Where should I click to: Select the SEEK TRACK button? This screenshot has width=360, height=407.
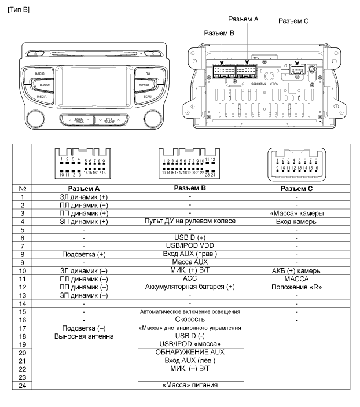coord(77,120)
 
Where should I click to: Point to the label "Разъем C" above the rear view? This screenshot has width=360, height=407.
coord(293,21)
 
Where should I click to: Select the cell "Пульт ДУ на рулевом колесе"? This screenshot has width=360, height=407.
coord(190,221)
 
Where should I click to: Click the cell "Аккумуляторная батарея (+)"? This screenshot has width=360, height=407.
coord(190,287)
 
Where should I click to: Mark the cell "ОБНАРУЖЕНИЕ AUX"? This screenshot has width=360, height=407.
coord(190,352)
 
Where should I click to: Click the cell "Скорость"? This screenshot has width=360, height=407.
coord(190,319)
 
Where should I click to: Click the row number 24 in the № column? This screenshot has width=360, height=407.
coord(21,384)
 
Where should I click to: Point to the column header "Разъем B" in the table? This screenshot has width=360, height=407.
coord(190,188)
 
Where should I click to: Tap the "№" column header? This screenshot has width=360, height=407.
coord(21,189)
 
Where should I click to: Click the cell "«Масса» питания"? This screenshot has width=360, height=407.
coord(190,384)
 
